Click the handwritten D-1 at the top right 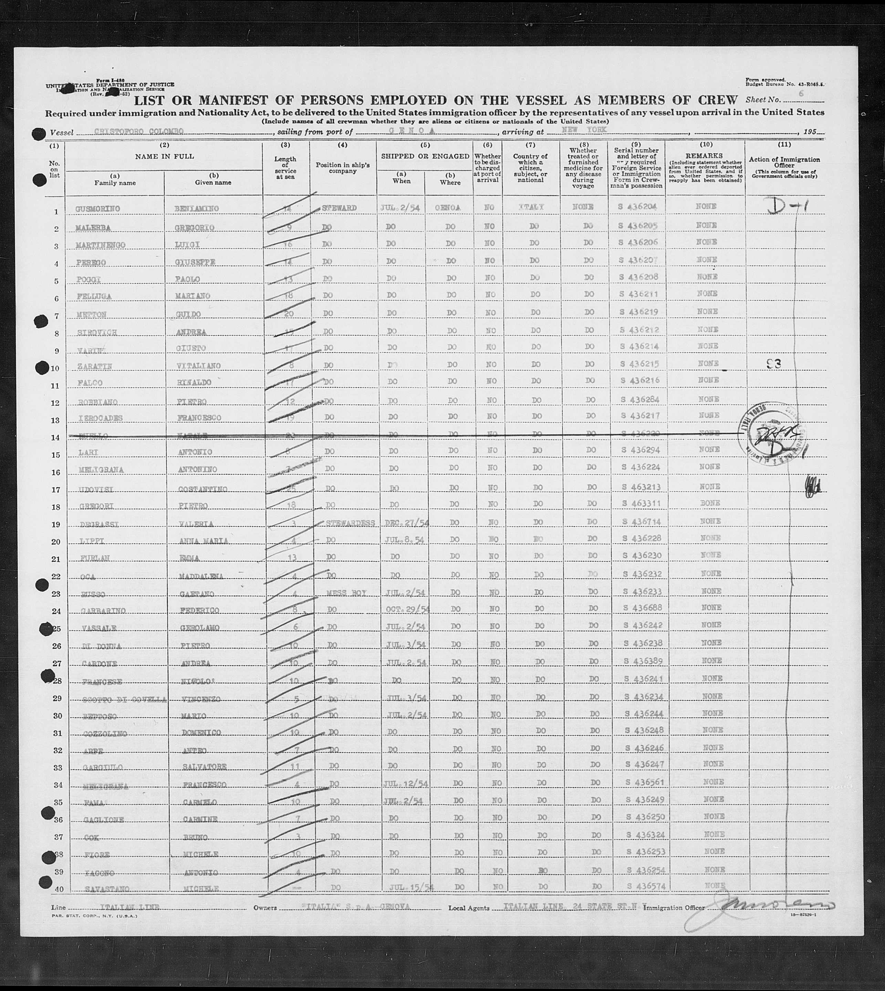point(787,206)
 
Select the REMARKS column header point(706,156)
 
